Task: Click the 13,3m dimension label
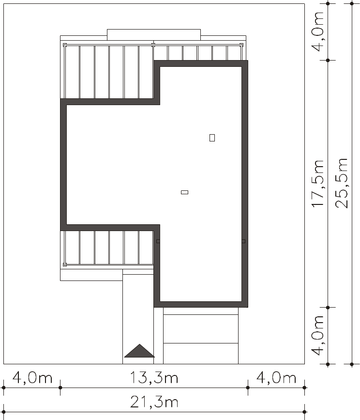(x=154, y=378)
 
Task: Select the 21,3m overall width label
(x=154, y=402)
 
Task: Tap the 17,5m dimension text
(x=318, y=184)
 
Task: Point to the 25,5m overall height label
(x=342, y=183)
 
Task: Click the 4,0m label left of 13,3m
(x=32, y=378)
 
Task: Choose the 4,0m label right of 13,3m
(x=276, y=378)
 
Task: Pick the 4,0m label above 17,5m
(x=318, y=31)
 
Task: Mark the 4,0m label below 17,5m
(x=318, y=336)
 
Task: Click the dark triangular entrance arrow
(x=139, y=351)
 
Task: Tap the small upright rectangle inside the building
(x=212, y=138)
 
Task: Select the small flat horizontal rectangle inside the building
(x=184, y=192)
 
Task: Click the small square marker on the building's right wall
(x=243, y=241)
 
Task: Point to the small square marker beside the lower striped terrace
(x=158, y=241)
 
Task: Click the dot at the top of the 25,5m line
(x=352, y=3)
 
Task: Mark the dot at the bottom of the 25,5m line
(x=352, y=364)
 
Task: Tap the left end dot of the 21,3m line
(x=3, y=412)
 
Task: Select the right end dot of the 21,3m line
(x=304, y=412)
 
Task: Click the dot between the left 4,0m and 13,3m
(x=60, y=388)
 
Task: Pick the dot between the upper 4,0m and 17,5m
(x=328, y=61)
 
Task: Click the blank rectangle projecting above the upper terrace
(x=154, y=35)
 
